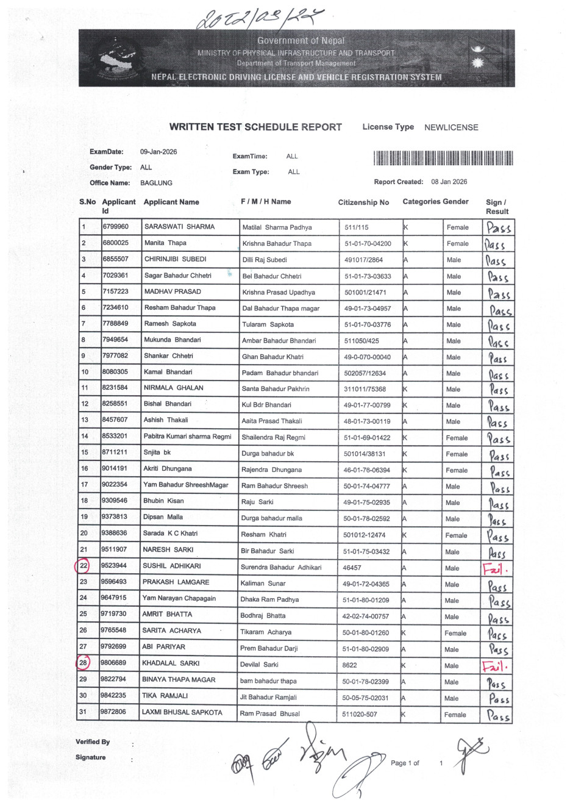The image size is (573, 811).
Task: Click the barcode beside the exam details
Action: (443, 159)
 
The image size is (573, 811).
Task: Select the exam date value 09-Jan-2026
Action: (158, 152)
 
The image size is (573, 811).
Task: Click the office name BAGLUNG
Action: (156, 183)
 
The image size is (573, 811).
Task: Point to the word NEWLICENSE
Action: (451, 127)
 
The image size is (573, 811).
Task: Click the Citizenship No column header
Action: (363, 202)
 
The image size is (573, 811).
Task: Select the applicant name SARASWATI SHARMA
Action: (179, 227)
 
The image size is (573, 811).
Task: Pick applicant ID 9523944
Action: (114, 566)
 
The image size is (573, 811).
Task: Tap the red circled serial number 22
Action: (84, 566)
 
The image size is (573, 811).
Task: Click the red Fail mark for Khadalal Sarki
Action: (496, 666)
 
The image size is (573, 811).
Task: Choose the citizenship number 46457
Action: (352, 568)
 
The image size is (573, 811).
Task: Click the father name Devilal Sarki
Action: (259, 665)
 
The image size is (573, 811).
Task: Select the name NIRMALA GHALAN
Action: (174, 388)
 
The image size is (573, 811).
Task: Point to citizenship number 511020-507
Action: (360, 714)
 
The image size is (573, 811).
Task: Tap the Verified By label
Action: (93, 742)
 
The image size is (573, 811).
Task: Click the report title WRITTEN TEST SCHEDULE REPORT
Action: (255, 127)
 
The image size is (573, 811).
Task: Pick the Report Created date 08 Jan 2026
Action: (449, 182)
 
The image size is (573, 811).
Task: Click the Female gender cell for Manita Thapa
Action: (457, 244)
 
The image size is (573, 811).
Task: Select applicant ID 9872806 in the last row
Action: (114, 712)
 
